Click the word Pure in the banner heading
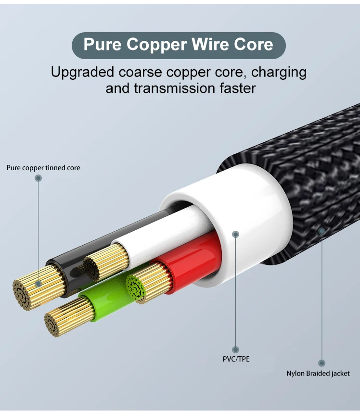pyautogui.click(x=102, y=45)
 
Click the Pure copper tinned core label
pyautogui.click(x=43, y=168)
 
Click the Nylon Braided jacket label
pyautogui.click(x=318, y=373)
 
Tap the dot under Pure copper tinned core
pyautogui.click(x=39, y=178)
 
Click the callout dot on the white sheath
pyautogui.click(x=235, y=234)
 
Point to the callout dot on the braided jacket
pyautogui.click(x=321, y=231)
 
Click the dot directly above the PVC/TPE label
pyautogui.click(x=235, y=350)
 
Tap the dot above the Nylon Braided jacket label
pyautogui.click(x=321, y=363)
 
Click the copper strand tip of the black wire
pyautogui.click(x=28, y=292)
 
